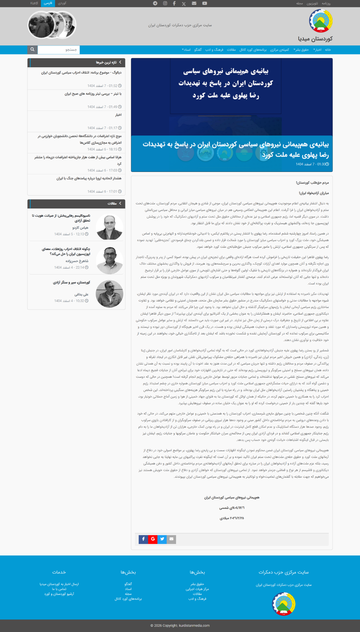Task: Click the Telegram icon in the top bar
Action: (x=155, y=4)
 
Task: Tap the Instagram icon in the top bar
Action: (x=165, y=4)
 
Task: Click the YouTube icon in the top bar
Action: (x=204, y=4)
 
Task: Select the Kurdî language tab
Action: (x=34, y=3)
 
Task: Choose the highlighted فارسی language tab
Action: (x=48, y=3)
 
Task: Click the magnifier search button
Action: (x=32, y=50)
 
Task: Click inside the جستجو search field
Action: (x=58, y=50)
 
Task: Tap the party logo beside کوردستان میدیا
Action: (x=321, y=21)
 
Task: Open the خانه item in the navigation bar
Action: (x=328, y=50)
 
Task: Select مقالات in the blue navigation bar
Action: (x=231, y=50)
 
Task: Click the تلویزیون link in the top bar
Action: (x=312, y=4)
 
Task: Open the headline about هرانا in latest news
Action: (x=77, y=160)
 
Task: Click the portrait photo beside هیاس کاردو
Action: (x=109, y=227)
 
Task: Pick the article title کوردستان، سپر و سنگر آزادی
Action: (x=71, y=283)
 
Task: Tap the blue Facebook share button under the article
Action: (x=143, y=539)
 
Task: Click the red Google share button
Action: (x=153, y=539)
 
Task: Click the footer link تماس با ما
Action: (x=59, y=589)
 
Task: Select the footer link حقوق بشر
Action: (x=197, y=584)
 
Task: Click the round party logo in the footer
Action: (x=284, y=604)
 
